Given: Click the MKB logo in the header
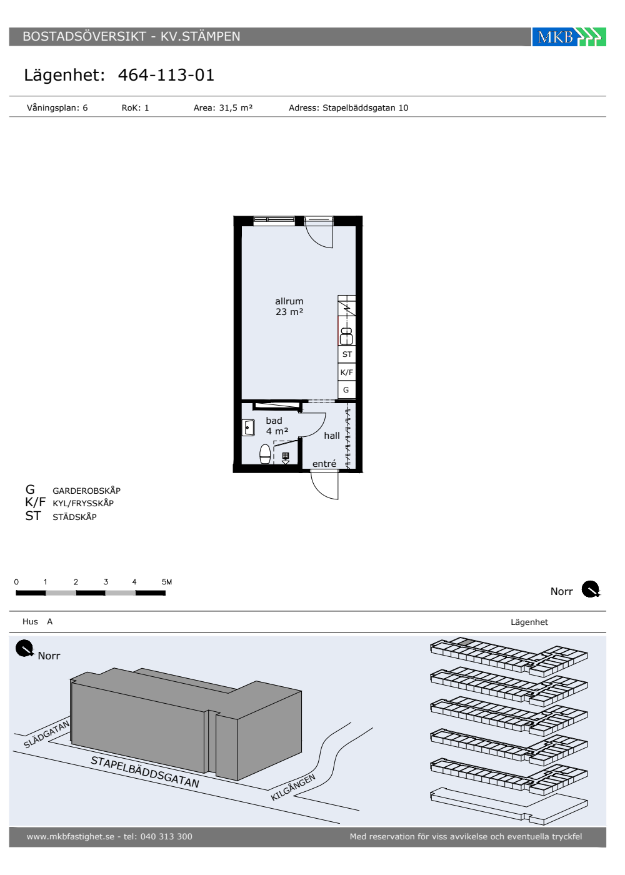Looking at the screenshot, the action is tap(568, 37).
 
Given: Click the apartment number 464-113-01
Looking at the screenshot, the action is tap(166, 75).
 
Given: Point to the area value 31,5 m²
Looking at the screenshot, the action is tap(236, 107).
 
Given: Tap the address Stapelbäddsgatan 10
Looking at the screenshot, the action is tap(365, 107).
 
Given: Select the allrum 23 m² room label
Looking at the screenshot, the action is tap(289, 306).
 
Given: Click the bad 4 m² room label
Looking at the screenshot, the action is tap(277, 426).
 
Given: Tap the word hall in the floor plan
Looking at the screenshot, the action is tap(332, 436).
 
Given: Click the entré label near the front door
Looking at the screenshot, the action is tap(324, 464).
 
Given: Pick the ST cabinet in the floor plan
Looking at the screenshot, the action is tap(346, 354).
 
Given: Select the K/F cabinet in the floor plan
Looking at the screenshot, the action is tap(346, 372).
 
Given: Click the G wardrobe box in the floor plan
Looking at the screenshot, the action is tap(346, 389).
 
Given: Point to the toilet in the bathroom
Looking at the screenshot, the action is tap(265, 454).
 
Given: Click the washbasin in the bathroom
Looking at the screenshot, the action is tap(249, 427).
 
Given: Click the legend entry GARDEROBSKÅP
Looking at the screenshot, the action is tap(87, 491).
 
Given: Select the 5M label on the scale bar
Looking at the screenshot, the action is tap(167, 582).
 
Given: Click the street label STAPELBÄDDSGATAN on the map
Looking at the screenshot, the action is tap(145, 771).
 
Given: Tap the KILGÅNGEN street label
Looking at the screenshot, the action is tap(293, 787).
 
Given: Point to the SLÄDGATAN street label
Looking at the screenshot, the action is tap(46, 734).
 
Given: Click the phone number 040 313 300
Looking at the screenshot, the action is tap(166, 836).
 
